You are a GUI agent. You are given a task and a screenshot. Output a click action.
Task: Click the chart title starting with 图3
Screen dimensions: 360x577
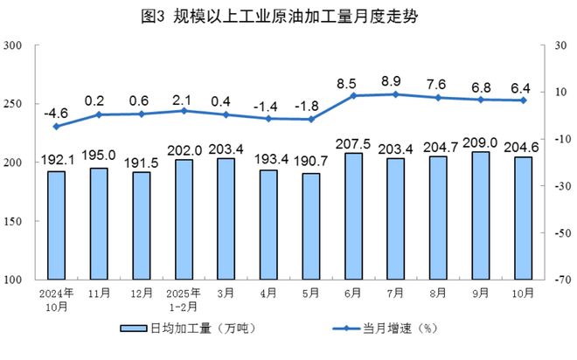288,17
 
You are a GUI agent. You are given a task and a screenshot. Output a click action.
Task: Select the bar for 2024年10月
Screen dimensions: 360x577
57,225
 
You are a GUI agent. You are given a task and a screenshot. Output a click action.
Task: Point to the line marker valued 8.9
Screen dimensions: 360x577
395,94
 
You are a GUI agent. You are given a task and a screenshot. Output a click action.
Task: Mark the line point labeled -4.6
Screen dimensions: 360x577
57,126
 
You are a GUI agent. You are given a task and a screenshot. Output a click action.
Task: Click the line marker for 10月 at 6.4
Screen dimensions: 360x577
523,100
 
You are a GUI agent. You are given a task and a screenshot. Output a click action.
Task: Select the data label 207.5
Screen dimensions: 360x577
353,143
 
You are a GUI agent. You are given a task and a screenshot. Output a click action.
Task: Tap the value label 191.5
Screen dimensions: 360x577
142,162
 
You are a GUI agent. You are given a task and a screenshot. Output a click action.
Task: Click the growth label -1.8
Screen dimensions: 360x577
311,105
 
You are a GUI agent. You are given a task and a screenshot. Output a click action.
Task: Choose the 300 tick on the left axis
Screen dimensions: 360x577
15,45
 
